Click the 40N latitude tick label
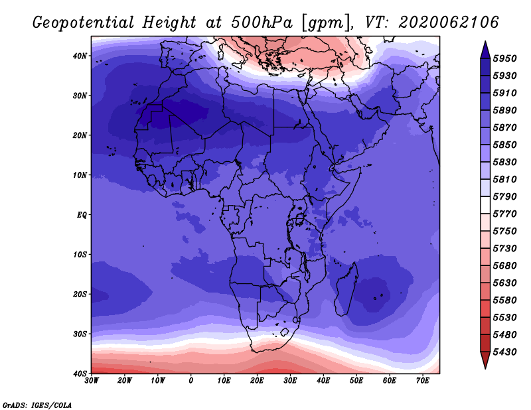80,56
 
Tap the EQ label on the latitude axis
82,215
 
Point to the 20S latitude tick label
80,294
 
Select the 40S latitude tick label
80,374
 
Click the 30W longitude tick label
92,381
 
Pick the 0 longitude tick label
191,381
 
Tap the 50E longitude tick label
356,381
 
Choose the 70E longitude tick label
423,381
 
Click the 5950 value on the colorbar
504,58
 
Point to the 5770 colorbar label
504,214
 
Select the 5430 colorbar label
504,352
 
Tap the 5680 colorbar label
504,266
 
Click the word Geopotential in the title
84,23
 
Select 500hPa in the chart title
262,23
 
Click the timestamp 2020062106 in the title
449,23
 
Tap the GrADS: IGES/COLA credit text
37,405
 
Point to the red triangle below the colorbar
485,360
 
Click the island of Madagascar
346,290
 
